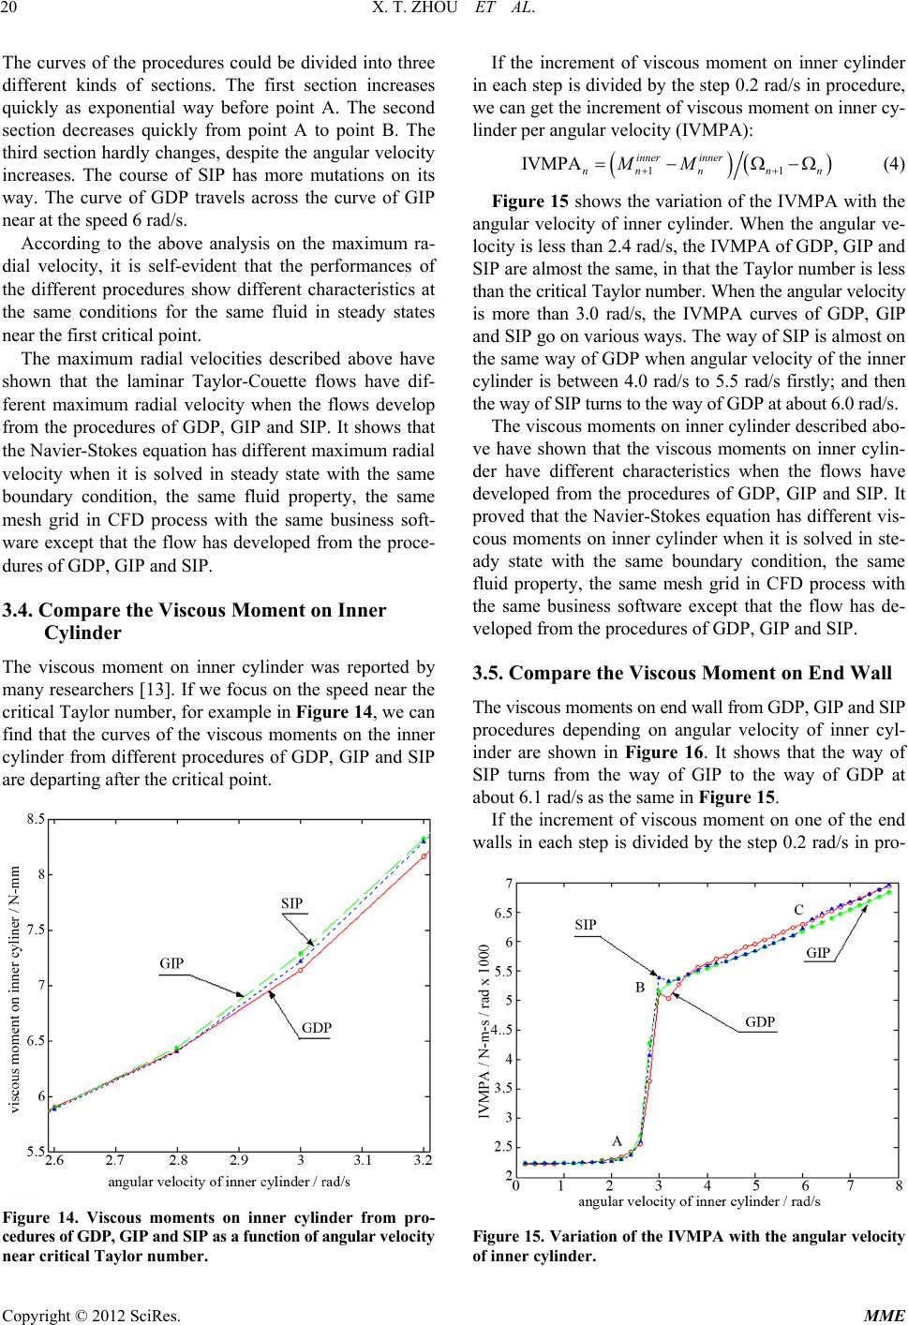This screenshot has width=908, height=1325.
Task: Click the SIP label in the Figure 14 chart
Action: (292, 902)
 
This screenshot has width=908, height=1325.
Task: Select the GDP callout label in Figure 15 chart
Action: (759, 1020)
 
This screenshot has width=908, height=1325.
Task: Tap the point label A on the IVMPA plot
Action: (617, 1141)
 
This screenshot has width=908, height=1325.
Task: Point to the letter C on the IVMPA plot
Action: (798, 909)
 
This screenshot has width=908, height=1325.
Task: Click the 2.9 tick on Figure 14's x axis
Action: (238, 1160)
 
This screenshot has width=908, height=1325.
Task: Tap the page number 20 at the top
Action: (12, 11)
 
